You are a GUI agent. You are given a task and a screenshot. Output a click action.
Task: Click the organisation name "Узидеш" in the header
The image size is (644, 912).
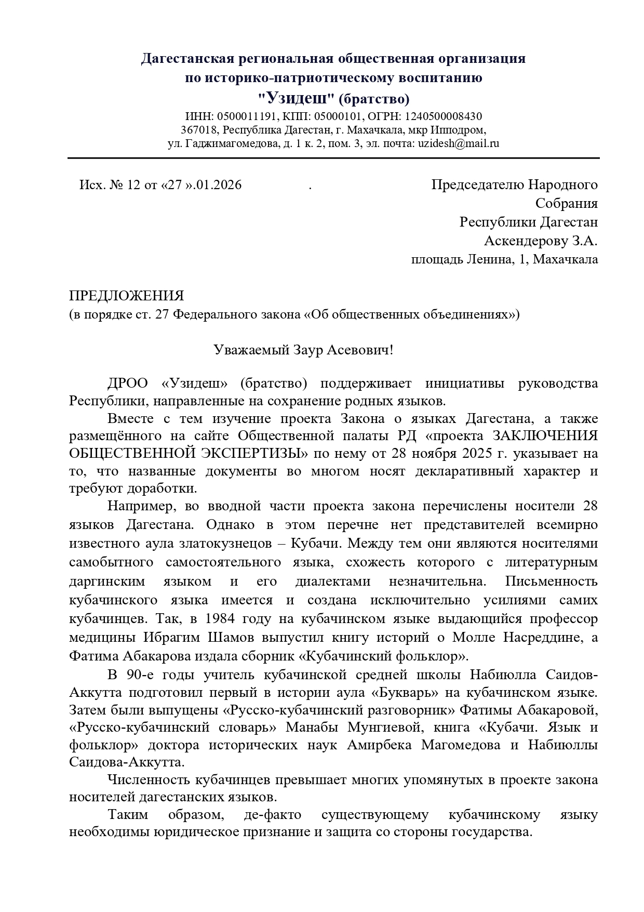click(x=296, y=98)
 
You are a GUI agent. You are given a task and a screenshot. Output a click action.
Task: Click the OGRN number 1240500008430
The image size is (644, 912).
click(x=443, y=116)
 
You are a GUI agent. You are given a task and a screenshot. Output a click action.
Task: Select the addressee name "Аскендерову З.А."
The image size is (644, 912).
click(x=540, y=241)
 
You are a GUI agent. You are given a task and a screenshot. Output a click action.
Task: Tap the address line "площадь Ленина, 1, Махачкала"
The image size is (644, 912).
click(x=504, y=259)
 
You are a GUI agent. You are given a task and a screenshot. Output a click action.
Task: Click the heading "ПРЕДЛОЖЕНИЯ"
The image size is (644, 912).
click(x=127, y=296)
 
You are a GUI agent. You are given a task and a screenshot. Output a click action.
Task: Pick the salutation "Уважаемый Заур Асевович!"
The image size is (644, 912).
click(x=304, y=350)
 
